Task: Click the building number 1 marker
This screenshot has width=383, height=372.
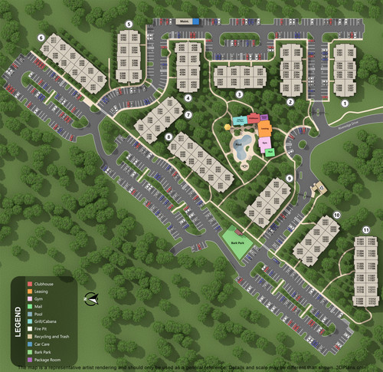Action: click(x=345, y=102)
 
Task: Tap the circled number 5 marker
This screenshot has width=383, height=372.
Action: click(x=129, y=25)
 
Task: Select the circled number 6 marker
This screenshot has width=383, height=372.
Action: click(x=40, y=37)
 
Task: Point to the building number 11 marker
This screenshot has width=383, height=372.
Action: click(x=366, y=230)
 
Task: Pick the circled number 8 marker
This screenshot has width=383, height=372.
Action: click(x=169, y=137)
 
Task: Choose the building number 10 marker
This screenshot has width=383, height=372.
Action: click(x=337, y=215)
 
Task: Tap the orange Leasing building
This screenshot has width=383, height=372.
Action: click(x=264, y=127)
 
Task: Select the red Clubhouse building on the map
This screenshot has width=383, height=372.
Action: click(x=254, y=119)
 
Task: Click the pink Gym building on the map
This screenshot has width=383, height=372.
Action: click(x=265, y=143)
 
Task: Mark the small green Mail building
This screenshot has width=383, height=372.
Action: click(x=270, y=151)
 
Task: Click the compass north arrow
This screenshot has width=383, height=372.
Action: click(x=93, y=299)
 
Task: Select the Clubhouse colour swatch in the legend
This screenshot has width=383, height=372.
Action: click(x=29, y=283)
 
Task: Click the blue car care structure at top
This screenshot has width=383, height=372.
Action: click(x=196, y=21)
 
